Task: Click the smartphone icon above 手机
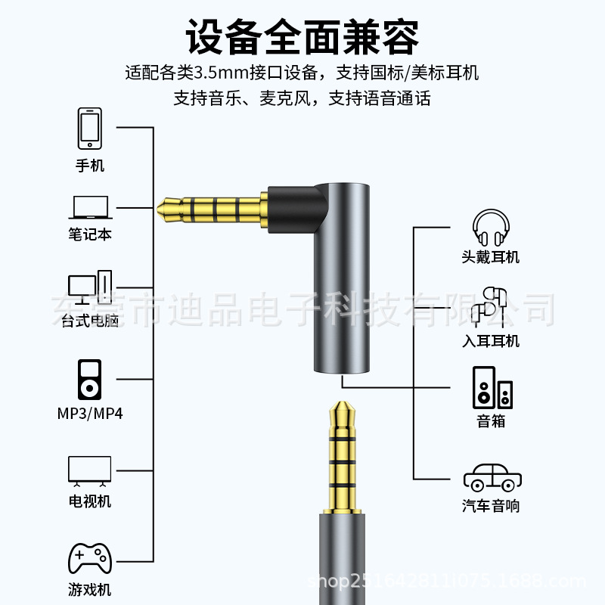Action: tap(90, 129)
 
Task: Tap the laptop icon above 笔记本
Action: tap(91, 207)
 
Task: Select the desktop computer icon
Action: tap(90, 287)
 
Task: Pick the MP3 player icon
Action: tap(89, 380)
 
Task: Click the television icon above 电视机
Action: tap(89, 470)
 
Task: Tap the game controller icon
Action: tap(90, 558)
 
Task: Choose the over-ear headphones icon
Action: tap(491, 228)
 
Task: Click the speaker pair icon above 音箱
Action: tap(493, 387)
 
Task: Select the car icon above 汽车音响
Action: tap(492, 477)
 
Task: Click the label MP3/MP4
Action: tap(90, 414)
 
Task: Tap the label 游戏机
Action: tap(90, 590)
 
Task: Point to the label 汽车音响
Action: tap(491, 506)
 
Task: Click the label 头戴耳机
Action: tap(491, 257)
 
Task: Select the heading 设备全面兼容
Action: tap(302, 37)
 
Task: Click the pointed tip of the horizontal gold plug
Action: tap(157, 209)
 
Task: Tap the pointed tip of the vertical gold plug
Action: tap(342, 402)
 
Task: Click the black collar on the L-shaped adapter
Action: tap(297, 209)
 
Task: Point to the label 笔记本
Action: tap(90, 234)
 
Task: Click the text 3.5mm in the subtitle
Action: tap(220, 73)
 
